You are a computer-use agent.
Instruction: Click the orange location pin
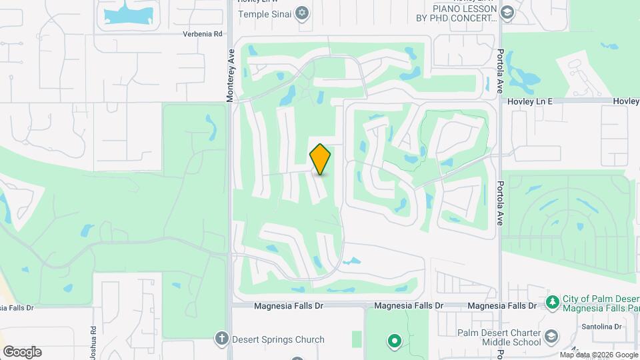pyautogui.click(x=320, y=159)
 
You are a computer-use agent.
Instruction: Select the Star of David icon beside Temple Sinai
pyautogui.click(x=303, y=12)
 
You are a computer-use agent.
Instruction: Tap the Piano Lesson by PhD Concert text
pyautogui.click(x=465, y=13)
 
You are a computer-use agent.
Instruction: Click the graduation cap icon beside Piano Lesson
pyautogui.click(x=507, y=13)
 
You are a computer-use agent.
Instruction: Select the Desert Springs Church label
pyautogui.click(x=278, y=339)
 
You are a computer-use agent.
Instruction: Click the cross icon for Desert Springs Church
pyautogui.click(x=222, y=339)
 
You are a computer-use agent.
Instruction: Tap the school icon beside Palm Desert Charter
pyautogui.click(x=551, y=335)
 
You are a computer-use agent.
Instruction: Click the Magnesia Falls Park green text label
pyautogui.click(x=601, y=303)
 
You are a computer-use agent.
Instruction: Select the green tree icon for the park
pyautogui.click(x=552, y=303)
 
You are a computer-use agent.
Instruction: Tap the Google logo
pyautogui.click(x=22, y=352)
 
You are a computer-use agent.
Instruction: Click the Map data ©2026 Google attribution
pyautogui.click(x=598, y=355)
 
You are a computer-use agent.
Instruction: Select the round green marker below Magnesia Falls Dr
pyautogui.click(x=395, y=342)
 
